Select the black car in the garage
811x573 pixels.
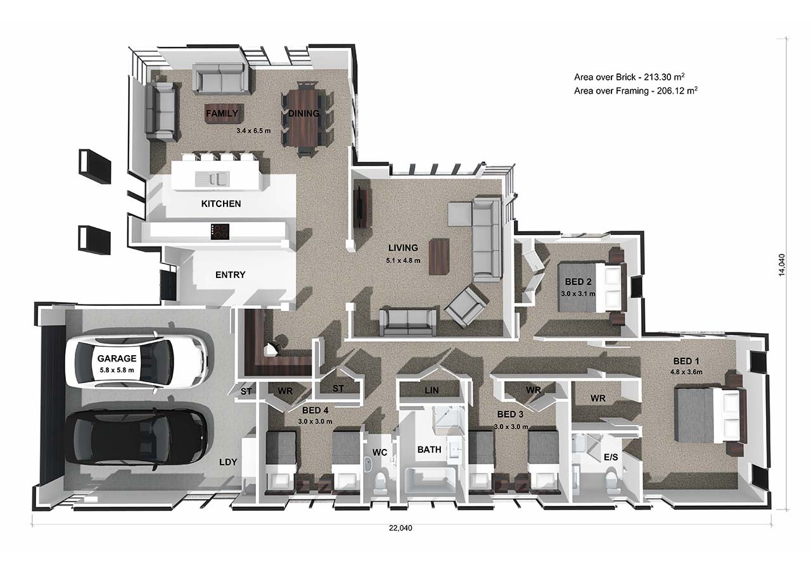(139, 438)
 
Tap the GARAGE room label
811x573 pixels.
(117, 358)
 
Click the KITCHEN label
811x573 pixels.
(220, 204)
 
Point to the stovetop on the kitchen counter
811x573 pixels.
(220, 232)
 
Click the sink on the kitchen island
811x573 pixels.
(212, 179)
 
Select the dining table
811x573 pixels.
(307, 119)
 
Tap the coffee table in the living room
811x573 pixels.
(438, 256)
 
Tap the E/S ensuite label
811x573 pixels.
(611, 457)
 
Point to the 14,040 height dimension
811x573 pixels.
(782, 265)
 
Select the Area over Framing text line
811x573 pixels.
(636, 91)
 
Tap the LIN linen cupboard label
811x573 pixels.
(432, 391)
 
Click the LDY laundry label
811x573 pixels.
(228, 462)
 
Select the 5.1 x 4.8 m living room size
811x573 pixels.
(403, 260)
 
